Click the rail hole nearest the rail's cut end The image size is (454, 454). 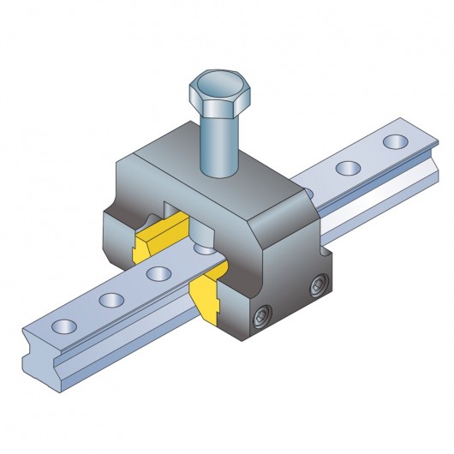63,326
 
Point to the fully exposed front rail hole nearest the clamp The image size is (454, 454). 156,274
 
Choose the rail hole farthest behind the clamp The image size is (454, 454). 395,140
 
